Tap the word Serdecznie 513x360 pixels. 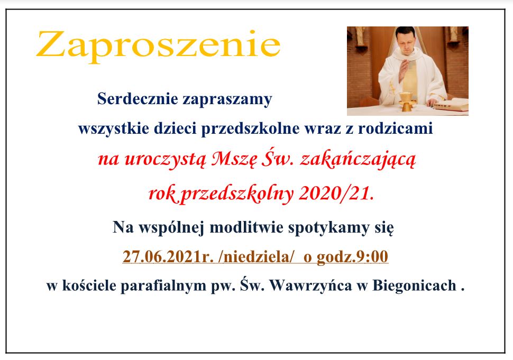click(x=138, y=98)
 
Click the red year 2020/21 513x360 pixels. click(x=336, y=193)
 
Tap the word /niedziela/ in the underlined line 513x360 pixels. click(x=256, y=257)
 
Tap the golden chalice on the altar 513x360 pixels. click(x=406, y=101)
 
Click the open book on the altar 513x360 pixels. click(x=451, y=105)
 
